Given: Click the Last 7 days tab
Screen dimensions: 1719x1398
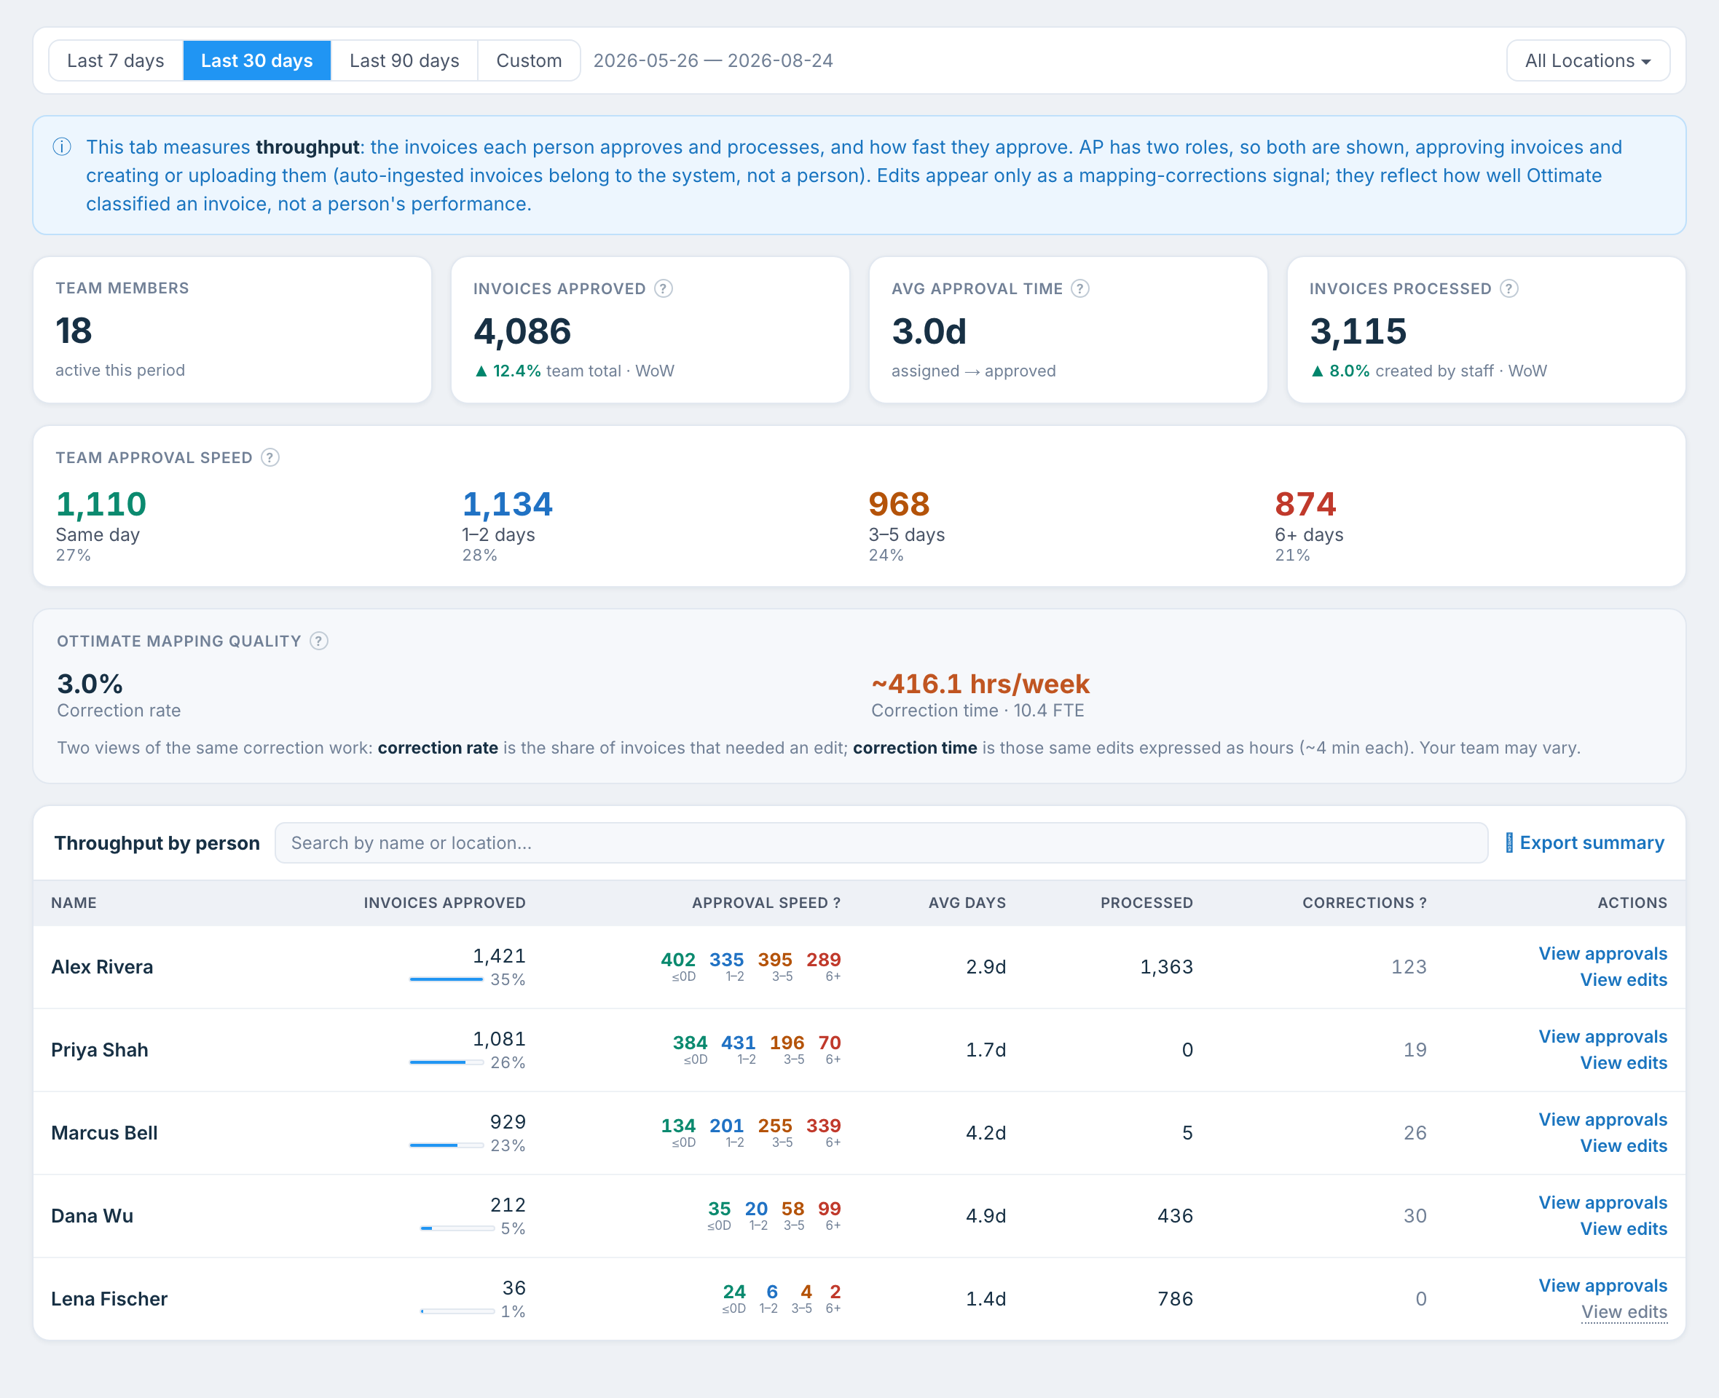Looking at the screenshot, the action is (x=115, y=60).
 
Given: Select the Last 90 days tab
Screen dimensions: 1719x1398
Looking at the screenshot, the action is (x=404, y=60).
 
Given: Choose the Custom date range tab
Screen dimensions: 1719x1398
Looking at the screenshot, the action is (x=528, y=60).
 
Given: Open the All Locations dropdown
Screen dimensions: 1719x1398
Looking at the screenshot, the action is (x=1588, y=60).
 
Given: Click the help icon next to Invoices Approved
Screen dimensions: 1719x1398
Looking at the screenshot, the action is (x=664, y=288).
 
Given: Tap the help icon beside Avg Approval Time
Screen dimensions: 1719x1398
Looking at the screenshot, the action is (x=1080, y=288).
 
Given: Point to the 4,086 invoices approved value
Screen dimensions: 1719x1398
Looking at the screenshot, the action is (x=522, y=331).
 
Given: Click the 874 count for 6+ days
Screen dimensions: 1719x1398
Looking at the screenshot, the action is (x=1305, y=504).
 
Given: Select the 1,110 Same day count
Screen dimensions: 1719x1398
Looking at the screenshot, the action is (x=101, y=504).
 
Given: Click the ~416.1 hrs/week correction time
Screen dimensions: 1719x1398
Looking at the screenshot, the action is (x=980, y=684).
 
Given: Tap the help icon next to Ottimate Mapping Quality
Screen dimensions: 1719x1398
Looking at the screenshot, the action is (x=319, y=641).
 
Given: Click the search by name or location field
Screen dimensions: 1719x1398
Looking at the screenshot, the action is (x=881, y=842).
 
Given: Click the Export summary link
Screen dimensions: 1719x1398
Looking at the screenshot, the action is (x=1584, y=842).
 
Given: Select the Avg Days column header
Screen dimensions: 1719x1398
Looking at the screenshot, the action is (x=967, y=903).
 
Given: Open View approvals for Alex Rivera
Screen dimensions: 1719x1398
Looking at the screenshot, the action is (x=1602, y=953).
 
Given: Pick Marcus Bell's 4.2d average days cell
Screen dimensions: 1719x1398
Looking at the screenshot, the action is (x=986, y=1133).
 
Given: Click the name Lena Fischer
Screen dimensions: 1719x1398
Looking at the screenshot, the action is (x=109, y=1299).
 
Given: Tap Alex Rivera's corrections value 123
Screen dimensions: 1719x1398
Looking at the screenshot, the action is (x=1409, y=967).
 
